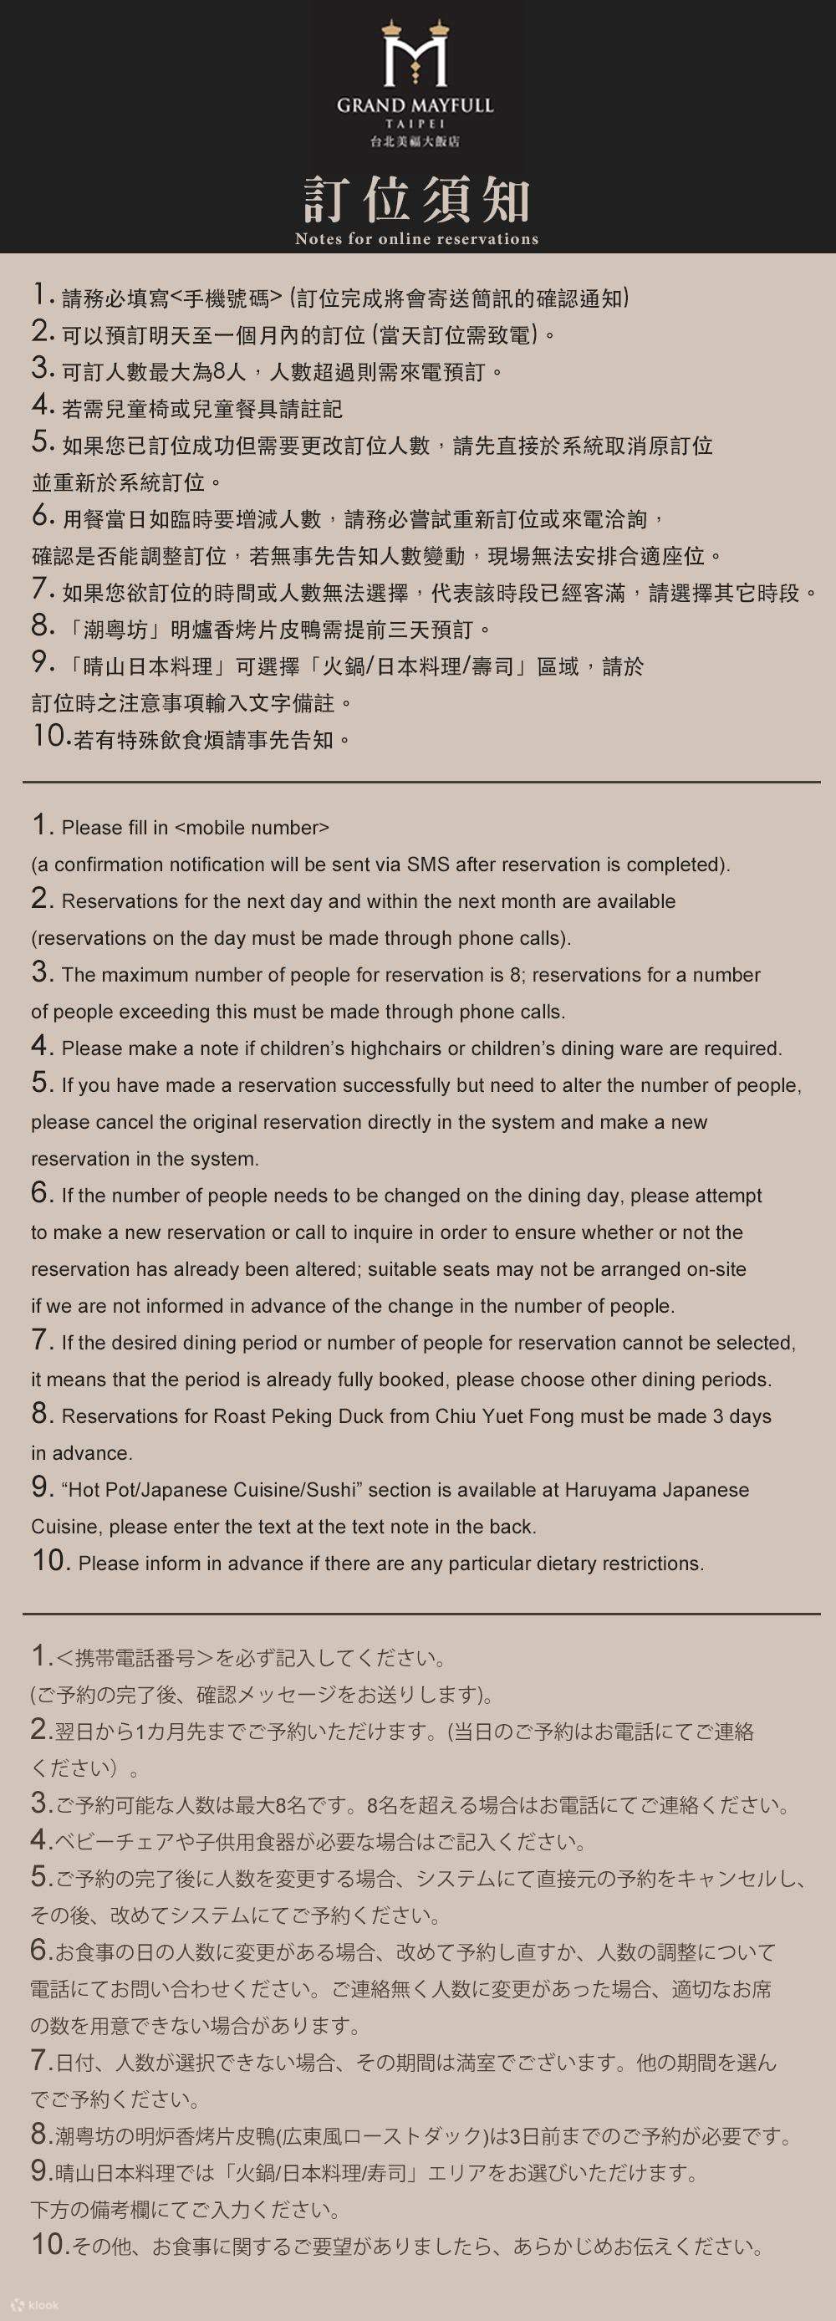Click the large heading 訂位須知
pyautogui.click(x=416, y=200)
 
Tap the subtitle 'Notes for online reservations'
pyautogui.click(x=416, y=239)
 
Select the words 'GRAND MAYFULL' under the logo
pyautogui.click(x=415, y=105)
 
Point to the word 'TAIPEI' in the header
pyautogui.click(x=415, y=124)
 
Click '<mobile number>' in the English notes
pyautogui.click(x=252, y=827)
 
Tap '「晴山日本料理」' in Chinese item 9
pyautogui.click(x=147, y=666)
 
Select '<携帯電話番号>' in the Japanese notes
pyautogui.click(x=135, y=1658)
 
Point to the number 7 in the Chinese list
pyautogui.click(x=43, y=589)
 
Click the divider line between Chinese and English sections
pyautogui.click(x=421, y=781)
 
